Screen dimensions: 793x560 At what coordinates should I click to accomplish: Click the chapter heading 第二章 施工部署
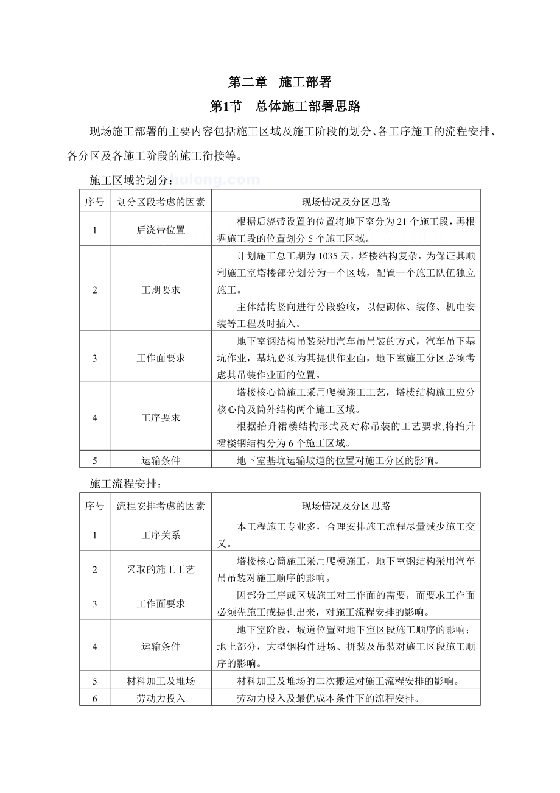coord(279,82)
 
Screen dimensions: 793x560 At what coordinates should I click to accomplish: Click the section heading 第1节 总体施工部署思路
coord(285,107)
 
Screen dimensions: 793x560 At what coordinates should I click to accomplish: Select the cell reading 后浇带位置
coord(161,230)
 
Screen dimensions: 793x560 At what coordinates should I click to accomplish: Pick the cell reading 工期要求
coord(161,290)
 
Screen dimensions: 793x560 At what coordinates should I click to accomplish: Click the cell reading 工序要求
coord(161,418)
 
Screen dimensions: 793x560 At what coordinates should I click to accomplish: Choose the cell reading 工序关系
coord(161,535)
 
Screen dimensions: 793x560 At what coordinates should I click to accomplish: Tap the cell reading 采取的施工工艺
coord(161,569)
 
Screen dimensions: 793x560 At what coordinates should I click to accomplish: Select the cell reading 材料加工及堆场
coord(161,681)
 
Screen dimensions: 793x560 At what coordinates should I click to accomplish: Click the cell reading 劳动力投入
coord(161,699)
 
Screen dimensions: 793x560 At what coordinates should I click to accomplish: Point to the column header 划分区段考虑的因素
coord(161,202)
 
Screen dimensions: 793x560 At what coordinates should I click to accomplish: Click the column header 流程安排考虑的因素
coord(161,506)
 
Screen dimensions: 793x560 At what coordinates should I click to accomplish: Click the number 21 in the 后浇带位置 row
coord(401,222)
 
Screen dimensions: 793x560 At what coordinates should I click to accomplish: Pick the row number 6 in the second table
coord(95,699)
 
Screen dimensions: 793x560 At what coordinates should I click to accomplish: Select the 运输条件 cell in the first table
coord(161,461)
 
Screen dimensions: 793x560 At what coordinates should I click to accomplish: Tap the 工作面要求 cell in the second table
coord(161,604)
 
